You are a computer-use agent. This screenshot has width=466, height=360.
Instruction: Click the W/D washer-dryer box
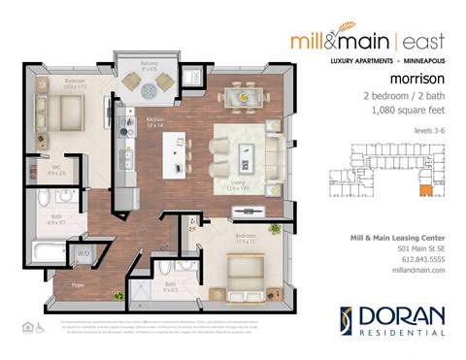[82, 253]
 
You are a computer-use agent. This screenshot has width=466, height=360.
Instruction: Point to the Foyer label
[78, 284]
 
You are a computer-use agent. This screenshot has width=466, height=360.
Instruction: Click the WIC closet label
[57, 168]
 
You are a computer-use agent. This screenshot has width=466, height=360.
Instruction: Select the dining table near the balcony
[241, 95]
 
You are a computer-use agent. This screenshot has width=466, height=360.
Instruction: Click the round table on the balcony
[149, 86]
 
